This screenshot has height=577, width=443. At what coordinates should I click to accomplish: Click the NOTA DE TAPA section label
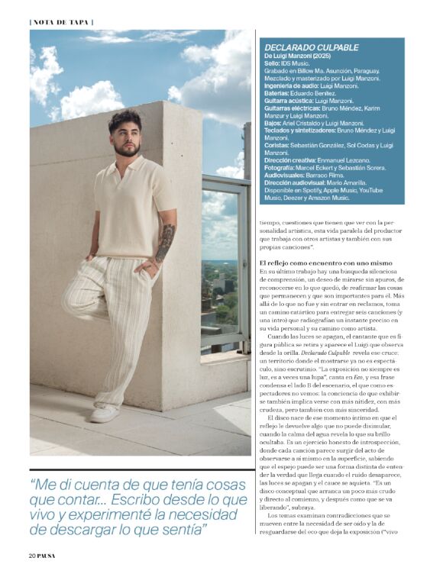(x=62, y=21)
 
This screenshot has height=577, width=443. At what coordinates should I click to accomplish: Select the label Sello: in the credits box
(x=273, y=63)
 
